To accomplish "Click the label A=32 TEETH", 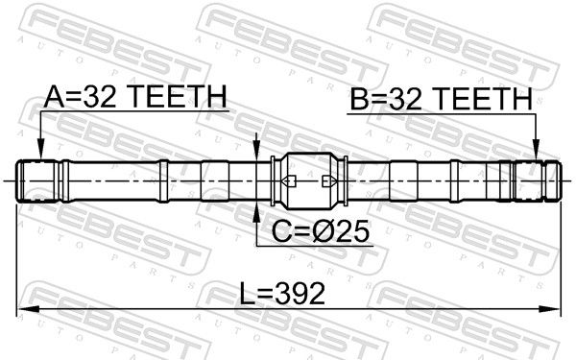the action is coord(135,96).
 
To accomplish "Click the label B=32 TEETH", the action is coord(442,99).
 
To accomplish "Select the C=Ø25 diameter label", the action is coord(320,231).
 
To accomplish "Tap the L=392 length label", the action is coord(282,294).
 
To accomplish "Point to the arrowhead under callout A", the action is coord(40,151).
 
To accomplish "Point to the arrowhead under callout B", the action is coord(537,151).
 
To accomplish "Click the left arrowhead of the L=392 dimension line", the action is coord(28,309).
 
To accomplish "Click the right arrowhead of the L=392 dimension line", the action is coord(549,309).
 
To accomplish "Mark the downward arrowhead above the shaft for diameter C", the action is coord(256,151).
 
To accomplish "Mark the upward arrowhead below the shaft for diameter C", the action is coord(256,212).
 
